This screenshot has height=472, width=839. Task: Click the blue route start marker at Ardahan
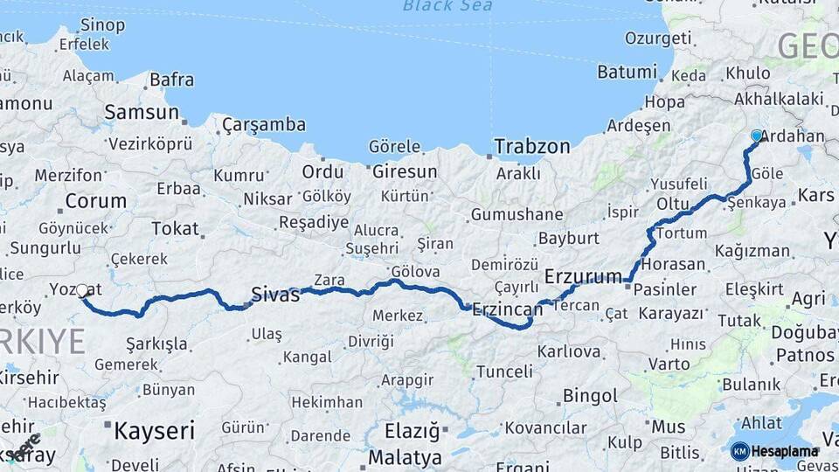[x=757, y=135]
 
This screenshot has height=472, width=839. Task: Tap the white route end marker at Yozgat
[x=82, y=289]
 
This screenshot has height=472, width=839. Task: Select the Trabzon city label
[x=531, y=146]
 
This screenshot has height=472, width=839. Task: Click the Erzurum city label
[x=583, y=276]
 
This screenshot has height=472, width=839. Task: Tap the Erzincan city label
[x=508, y=309]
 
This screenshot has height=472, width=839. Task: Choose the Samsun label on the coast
[x=142, y=112]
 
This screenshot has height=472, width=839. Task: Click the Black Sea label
[x=447, y=6]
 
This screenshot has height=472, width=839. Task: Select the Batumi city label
[x=627, y=72]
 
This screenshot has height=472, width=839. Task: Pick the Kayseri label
[x=153, y=429]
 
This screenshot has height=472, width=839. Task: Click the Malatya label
[x=405, y=457]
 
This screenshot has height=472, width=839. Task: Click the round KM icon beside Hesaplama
[x=739, y=451]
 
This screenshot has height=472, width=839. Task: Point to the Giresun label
[x=405, y=171]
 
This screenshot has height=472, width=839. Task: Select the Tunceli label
[x=504, y=371]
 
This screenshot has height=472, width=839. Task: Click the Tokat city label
[x=175, y=229]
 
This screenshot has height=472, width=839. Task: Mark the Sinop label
[x=101, y=24]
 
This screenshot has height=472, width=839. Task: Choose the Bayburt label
[x=568, y=238]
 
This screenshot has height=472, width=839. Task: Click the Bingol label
[x=590, y=396]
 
